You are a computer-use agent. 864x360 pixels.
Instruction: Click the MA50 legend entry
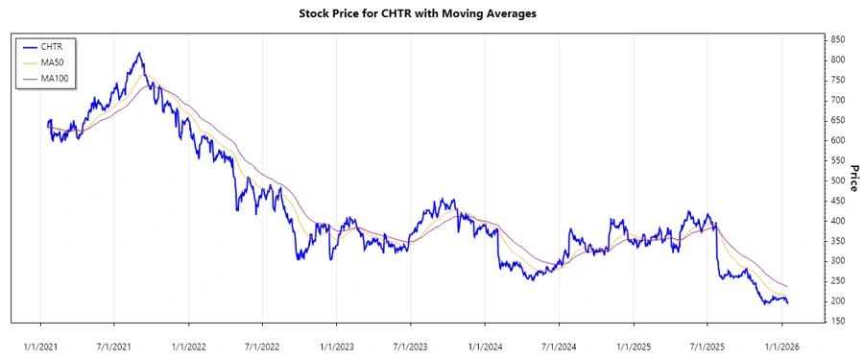(x=52, y=61)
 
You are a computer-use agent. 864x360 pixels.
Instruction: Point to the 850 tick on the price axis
(x=838, y=39)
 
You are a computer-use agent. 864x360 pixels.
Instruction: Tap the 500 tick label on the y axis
(x=838, y=180)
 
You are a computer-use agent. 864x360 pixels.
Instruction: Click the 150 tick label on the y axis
(x=838, y=321)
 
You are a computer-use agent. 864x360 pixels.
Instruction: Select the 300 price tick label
(x=838, y=261)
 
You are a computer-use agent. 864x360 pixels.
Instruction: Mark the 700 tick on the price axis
(x=838, y=100)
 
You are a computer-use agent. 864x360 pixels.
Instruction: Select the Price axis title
(x=853, y=178)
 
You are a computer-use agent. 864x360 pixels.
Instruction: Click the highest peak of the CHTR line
(x=139, y=53)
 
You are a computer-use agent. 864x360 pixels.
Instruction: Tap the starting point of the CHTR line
(x=47, y=124)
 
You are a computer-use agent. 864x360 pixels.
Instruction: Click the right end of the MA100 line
(x=788, y=287)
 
